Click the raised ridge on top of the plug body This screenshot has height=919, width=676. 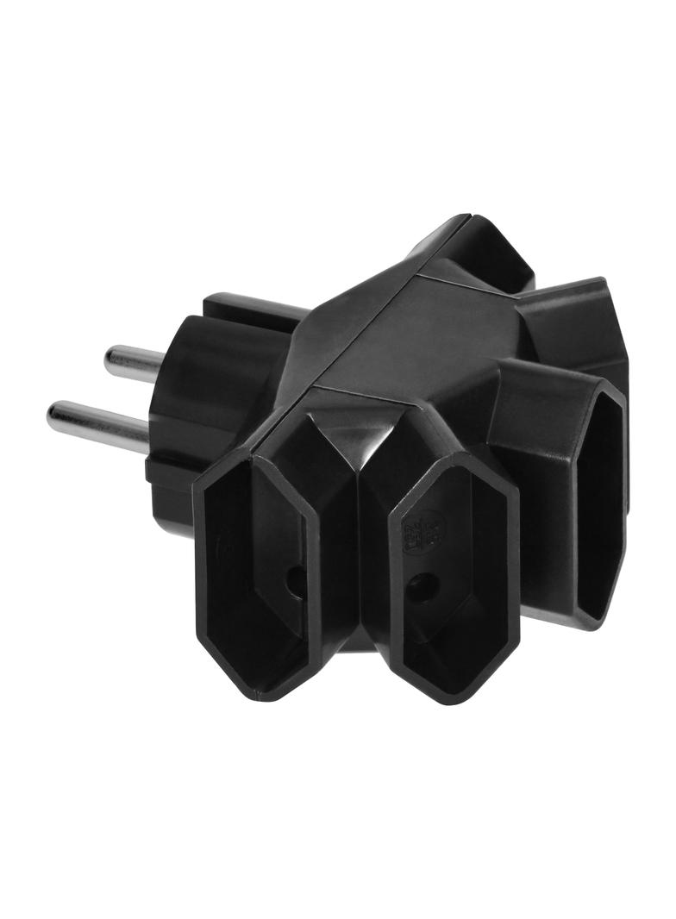tap(250, 307)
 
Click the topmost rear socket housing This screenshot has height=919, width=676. tap(487, 250)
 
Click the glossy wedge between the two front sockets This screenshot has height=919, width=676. tap(358, 483)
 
